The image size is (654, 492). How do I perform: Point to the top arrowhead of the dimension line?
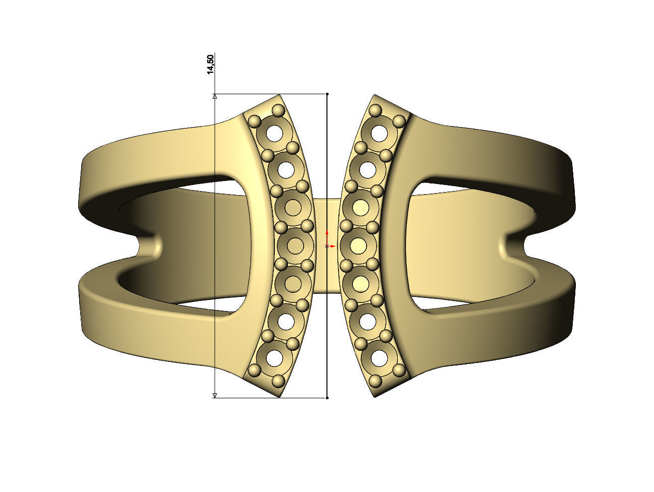pos(215,96)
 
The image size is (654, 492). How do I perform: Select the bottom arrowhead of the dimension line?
pos(215,395)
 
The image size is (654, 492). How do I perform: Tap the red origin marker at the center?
pos(327,245)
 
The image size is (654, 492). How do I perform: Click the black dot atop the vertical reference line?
pos(327,94)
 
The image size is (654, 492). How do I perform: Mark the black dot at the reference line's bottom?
pos(327,398)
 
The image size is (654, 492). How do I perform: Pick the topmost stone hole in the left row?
pos(275,133)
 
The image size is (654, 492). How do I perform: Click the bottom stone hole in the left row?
pos(275,358)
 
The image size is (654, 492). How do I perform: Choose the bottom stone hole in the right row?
pos(380,358)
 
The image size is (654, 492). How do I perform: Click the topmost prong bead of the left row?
pos(278,110)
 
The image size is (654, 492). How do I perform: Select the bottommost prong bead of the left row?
pos(278,381)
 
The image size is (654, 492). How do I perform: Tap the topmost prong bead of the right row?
pos(376,110)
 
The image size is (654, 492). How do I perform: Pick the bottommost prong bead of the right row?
pos(376,381)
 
